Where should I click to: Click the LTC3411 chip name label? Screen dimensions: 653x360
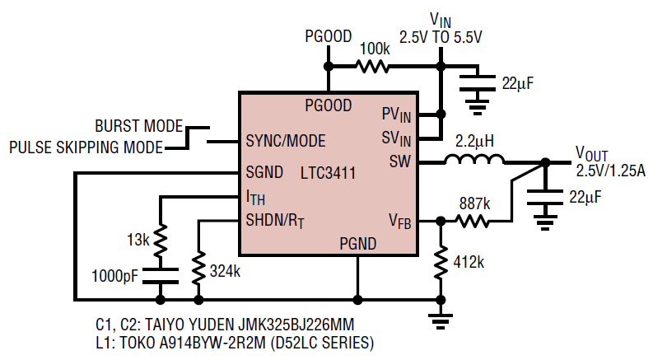click(x=329, y=173)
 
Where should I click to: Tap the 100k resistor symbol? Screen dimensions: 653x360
click(x=372, y=66)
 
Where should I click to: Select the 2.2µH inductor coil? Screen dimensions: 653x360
click(x=474, y=159)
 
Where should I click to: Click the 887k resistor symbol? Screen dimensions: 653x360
click(x=473, y=222)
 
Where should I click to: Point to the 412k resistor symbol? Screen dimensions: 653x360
click(x=441, y=263)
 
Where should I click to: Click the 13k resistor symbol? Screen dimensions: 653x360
click(x=161, y=240)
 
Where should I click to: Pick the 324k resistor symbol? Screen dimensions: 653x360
click(x=198, y=268)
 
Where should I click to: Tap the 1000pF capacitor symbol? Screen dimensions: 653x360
click(x=161, y=276)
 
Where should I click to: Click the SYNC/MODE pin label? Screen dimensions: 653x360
click(x=285, y=141)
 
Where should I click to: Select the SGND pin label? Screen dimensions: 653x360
click(x=264, y=172)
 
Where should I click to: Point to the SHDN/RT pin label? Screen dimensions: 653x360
click(x=275, y=221)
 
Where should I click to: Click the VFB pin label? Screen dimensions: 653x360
click(x=400, y=221)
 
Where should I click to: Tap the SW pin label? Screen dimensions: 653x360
click(x=400, y=161)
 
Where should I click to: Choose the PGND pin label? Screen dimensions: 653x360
click(x=358, y=244)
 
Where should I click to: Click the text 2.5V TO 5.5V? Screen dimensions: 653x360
click(x=441, y=38)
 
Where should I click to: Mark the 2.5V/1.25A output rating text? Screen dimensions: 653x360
click(x=610, y=171)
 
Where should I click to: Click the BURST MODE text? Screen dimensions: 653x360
click(x=138, y=126)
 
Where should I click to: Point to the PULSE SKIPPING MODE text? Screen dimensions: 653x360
click(x=86, y=147)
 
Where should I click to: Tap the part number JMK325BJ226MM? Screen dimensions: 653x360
click(x=296, y=325)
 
